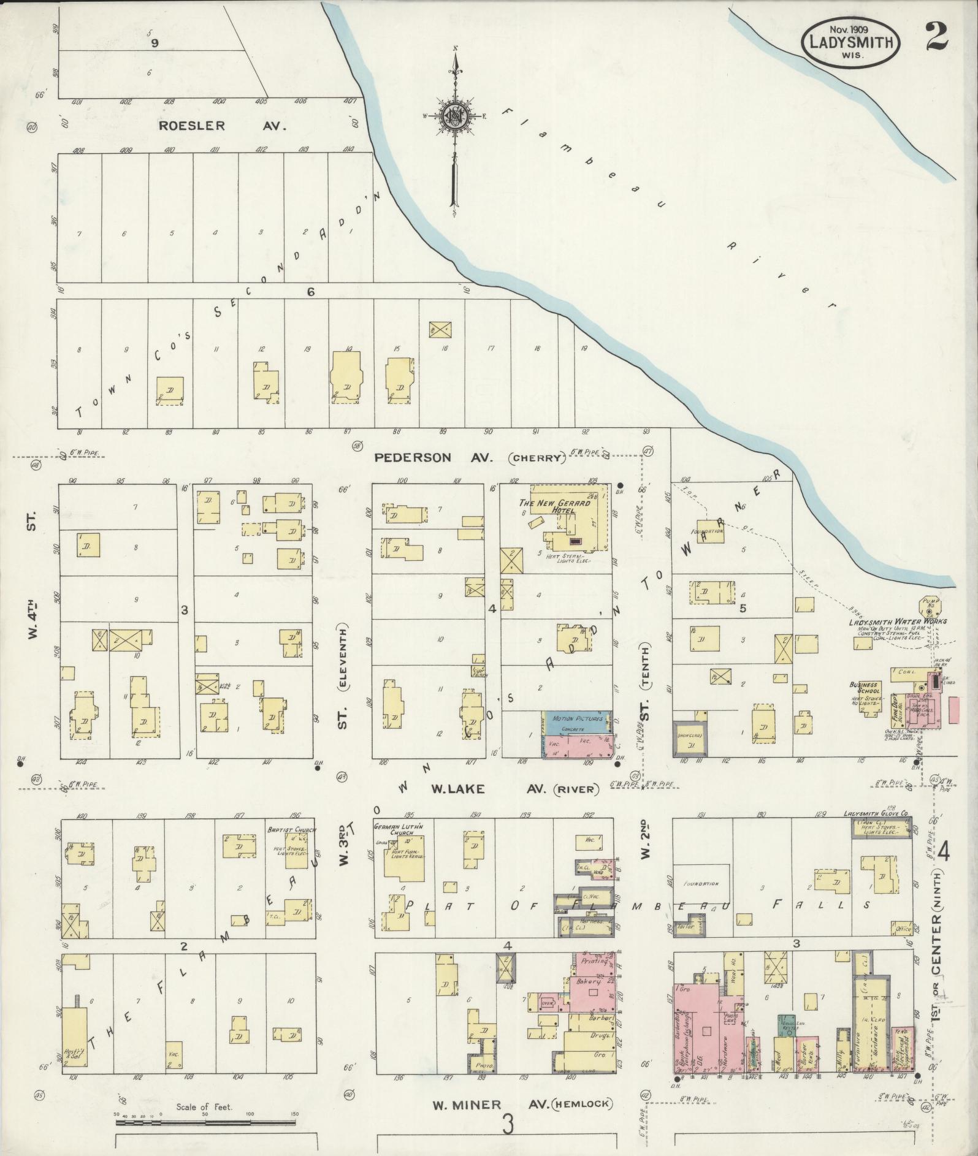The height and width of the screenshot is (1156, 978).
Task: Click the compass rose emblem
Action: tap(455, 115)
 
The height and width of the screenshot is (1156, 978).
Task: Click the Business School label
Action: tap(865, 688)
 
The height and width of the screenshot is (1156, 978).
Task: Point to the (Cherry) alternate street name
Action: tap(538, 458)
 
